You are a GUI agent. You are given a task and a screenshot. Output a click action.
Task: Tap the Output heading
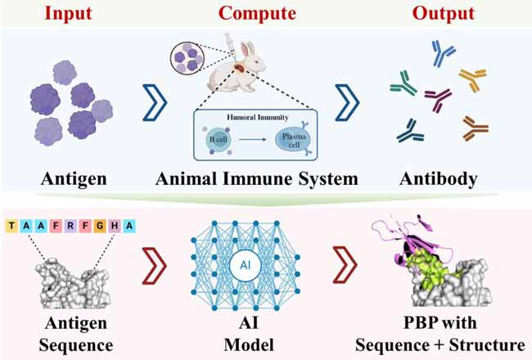pos(441,15)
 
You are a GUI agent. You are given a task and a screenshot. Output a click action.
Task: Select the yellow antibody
pos(472,79)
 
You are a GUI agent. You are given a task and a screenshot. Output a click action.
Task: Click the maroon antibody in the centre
pos(440,101)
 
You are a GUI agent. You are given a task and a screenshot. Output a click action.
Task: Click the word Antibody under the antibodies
pos(441,178)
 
